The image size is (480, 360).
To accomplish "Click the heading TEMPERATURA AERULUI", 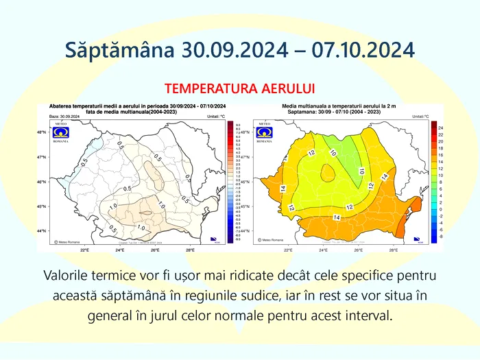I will point(239,88).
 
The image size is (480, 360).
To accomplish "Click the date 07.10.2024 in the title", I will point(363,50).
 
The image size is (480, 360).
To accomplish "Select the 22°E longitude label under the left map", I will point(84,250).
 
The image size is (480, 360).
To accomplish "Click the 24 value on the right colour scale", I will point(441,128).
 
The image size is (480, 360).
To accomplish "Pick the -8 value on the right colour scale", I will point(441,237).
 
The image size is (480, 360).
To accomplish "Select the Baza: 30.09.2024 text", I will point(65,117).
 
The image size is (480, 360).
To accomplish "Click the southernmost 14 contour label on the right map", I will point(337,217).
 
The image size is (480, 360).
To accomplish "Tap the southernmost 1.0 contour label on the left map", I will point(141,228).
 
